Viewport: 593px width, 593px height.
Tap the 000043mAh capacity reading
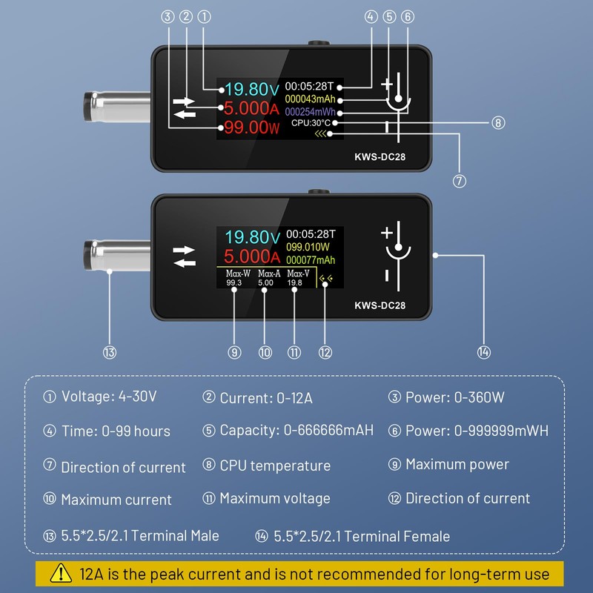[310, 99]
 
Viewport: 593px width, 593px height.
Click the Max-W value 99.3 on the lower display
[234, 282]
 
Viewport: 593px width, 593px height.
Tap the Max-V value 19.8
[294, 282]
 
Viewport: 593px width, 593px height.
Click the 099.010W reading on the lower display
[307, 246]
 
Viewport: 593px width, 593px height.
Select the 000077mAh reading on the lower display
[311, 260]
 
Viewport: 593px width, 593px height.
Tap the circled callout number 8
[498, 122]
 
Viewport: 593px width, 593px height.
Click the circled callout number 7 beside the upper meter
[460, 180]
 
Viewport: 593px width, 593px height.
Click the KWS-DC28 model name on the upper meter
[380, 156]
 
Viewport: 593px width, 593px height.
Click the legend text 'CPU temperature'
[275, 466]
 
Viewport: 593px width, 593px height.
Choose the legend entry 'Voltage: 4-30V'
[109, 397]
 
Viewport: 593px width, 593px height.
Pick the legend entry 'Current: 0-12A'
[266, 398]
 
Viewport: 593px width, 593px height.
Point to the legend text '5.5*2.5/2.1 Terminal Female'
[362, 536]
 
